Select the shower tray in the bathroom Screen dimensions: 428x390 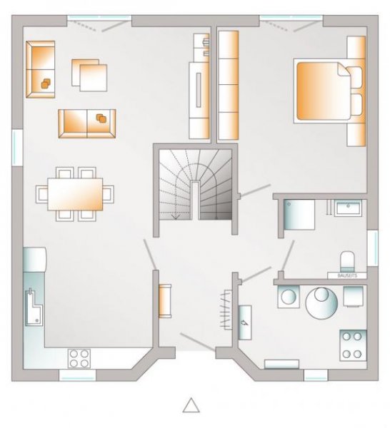[299, 215]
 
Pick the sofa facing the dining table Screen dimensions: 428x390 [86, 123]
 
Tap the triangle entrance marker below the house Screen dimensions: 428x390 [191, 405]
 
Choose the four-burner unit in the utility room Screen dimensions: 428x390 [351, 345]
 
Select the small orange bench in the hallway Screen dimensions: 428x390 [164, 300]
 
